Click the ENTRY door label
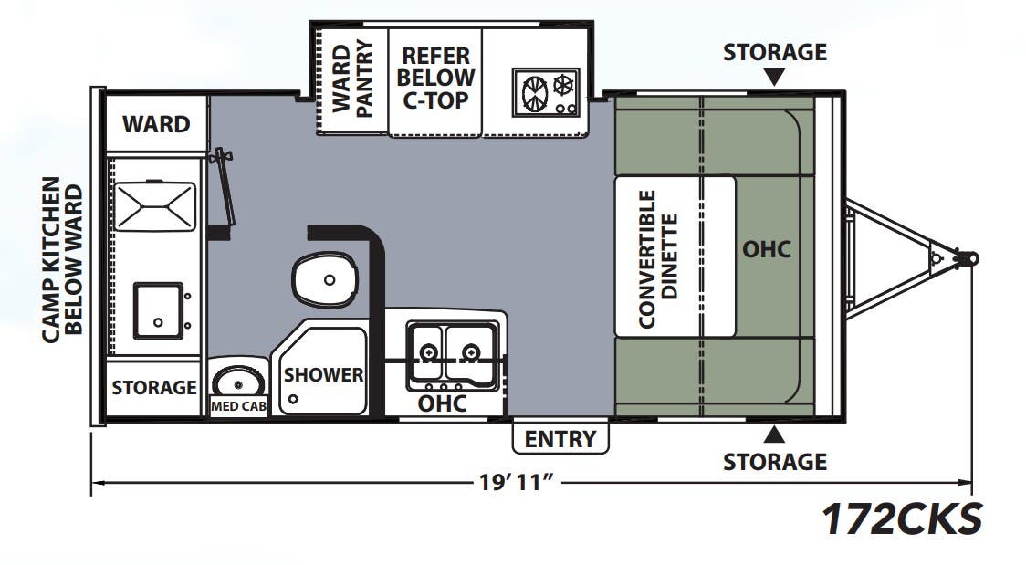(560, 439)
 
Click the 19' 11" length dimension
(518, 482)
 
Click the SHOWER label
(323, 374)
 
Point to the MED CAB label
(238, 406)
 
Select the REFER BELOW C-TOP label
(435, 78)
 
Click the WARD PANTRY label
(352, 78)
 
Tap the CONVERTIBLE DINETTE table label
(658, 257)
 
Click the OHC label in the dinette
(766, 249)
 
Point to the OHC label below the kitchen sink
(442, 403)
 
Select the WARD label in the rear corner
(156, 123)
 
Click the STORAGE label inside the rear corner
(154, 388)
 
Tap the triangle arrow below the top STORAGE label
(774, 78)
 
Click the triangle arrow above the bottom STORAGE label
(774, 433)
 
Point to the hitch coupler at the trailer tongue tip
(968, 258)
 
